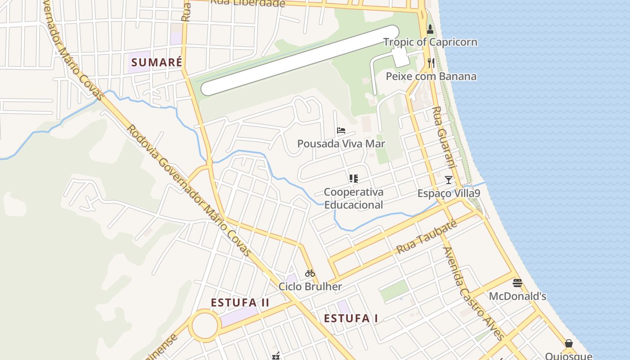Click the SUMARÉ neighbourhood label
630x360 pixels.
click(157, 62)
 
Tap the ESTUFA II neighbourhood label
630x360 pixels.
click(240, 302)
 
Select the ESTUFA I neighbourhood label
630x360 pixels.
click(351, 319)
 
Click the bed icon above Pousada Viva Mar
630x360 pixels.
click(341, 131)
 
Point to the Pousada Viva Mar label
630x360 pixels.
click(341, 144)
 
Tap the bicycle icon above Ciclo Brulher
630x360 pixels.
click(310, 273)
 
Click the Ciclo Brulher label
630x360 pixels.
click(310, 287)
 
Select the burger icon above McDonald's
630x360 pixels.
click(517, 283)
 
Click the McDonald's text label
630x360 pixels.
click(517, 296)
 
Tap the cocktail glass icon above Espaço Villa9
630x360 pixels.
click(449, 180)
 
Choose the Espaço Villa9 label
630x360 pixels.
click(449, 193)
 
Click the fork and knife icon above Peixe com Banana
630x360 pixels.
click(431, 63)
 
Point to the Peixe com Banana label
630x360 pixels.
click(431, 76)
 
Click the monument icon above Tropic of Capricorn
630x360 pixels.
click(430, 30)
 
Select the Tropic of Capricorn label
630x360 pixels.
click(430, 42)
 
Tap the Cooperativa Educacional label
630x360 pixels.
click(354, 198)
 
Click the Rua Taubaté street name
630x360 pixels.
click(427, 237)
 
